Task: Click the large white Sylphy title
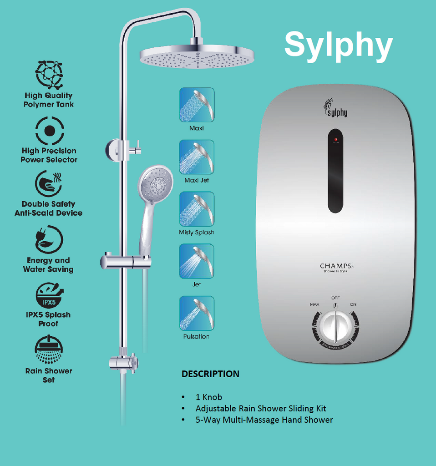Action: tap(338, 45)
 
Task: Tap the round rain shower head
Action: tap(197, 56)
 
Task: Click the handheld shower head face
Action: tap(155, 183)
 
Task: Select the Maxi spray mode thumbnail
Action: tap(197, 105)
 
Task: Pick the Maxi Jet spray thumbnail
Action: tap(197, 157)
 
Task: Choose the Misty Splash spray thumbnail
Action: tap(197, 209)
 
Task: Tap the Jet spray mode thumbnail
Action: tap(197, 261)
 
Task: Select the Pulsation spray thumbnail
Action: tap(197, 313)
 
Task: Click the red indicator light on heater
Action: tap(336, 140)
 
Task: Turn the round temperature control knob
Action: tap(335, 327)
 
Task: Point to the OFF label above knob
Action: tap(335, 298)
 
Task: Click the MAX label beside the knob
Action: tap(314, 304)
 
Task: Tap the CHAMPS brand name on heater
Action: tap(335, 266)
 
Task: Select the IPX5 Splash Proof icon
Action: tap(49, 295)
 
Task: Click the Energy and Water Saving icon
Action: tap(49, 239)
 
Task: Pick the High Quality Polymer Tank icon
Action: tap(49, 75)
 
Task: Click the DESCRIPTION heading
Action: tap(210, 374)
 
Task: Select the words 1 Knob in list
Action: tap(208, 397)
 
